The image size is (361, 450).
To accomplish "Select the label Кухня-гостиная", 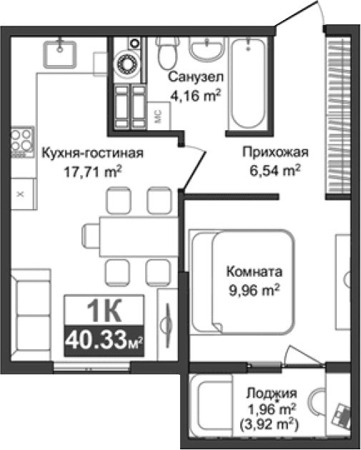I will coord(93,153).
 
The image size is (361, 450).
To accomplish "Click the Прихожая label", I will coord(275,153).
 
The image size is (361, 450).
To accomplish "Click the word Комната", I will coord(254,273).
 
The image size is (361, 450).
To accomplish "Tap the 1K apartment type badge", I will coord(104,310).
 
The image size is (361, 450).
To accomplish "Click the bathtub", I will coord(247,82).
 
